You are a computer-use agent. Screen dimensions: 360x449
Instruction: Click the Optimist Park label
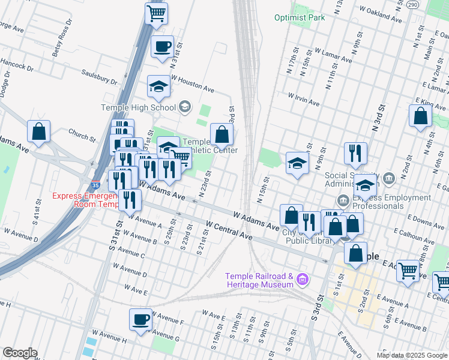[300, 17]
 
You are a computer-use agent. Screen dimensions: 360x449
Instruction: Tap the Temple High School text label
[138, 108]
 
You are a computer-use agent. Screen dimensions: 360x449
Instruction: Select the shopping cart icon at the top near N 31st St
[156, 13]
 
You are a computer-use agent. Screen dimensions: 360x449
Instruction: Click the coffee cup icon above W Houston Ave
[161, 47]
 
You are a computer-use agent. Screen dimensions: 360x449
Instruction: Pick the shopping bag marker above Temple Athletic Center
[221, 134]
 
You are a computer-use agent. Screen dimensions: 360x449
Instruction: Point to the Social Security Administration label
[352, 179]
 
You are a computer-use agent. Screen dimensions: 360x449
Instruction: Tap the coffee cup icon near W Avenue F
[142, 319]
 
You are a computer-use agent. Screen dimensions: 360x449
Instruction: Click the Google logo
[19, 353]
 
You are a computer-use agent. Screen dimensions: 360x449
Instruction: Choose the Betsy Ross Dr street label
[62, 38]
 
